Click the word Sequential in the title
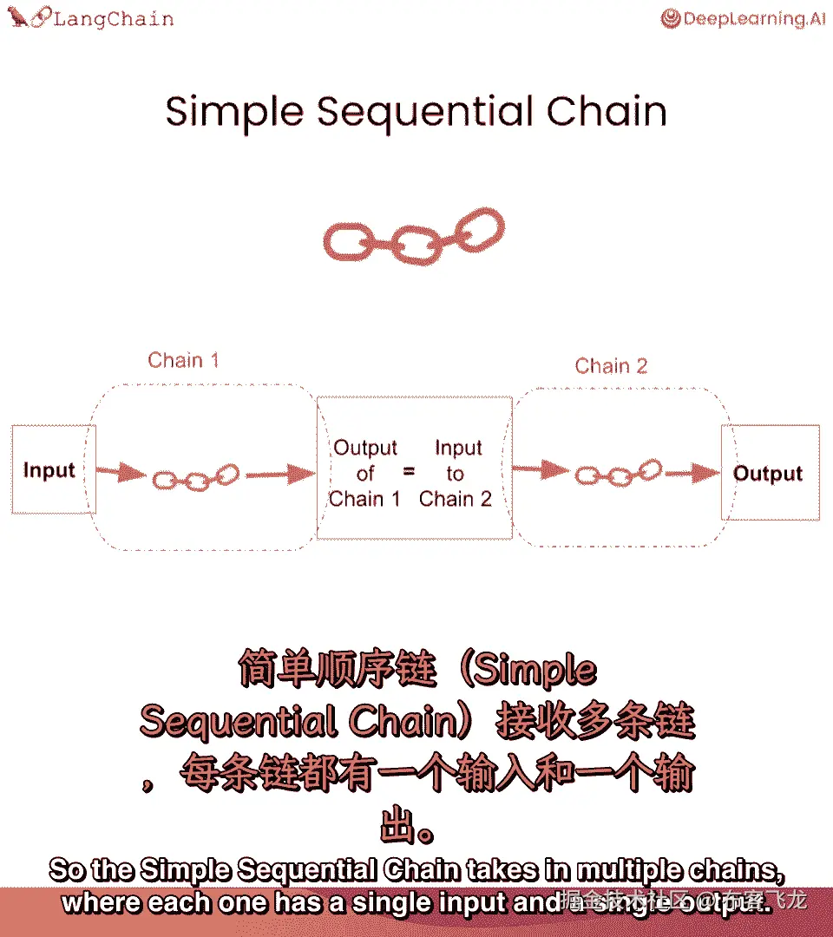click(424, 113)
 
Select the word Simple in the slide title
click(234, 113)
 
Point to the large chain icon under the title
click(413, 236)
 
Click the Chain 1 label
click(183, 360)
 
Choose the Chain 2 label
click(611, 366)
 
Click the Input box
click(49, 471)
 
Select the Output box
click(769, 474)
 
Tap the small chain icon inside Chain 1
click(195, 477)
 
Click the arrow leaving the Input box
click(120, 473)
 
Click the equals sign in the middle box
click(409, 474)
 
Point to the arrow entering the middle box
click(280, 474)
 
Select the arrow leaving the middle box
click(540, 471)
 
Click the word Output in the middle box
click(365, 449)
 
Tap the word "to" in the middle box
click(456, 474)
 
